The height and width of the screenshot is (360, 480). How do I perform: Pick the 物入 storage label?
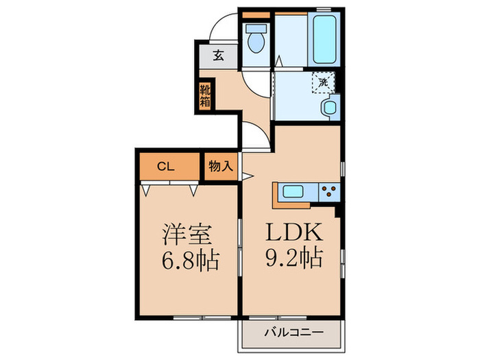220,165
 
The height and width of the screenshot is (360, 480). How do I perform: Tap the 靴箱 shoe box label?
205,95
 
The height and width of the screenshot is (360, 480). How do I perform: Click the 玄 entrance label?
217,56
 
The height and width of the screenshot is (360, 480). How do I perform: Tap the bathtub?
323,37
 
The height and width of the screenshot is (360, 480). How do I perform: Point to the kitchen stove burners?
328,191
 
